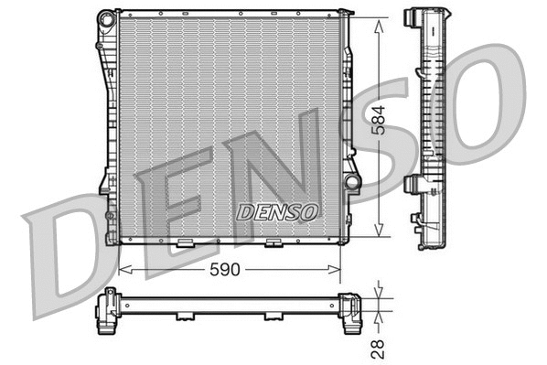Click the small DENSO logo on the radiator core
(x=278, y=211)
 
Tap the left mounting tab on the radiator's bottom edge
(x=185, y=243)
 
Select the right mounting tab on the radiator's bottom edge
(x=273, y=243)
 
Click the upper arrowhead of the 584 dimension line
(x=379, y=20)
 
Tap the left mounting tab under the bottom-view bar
(x=185, y=317)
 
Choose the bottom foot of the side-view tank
(x=428, y=242)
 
